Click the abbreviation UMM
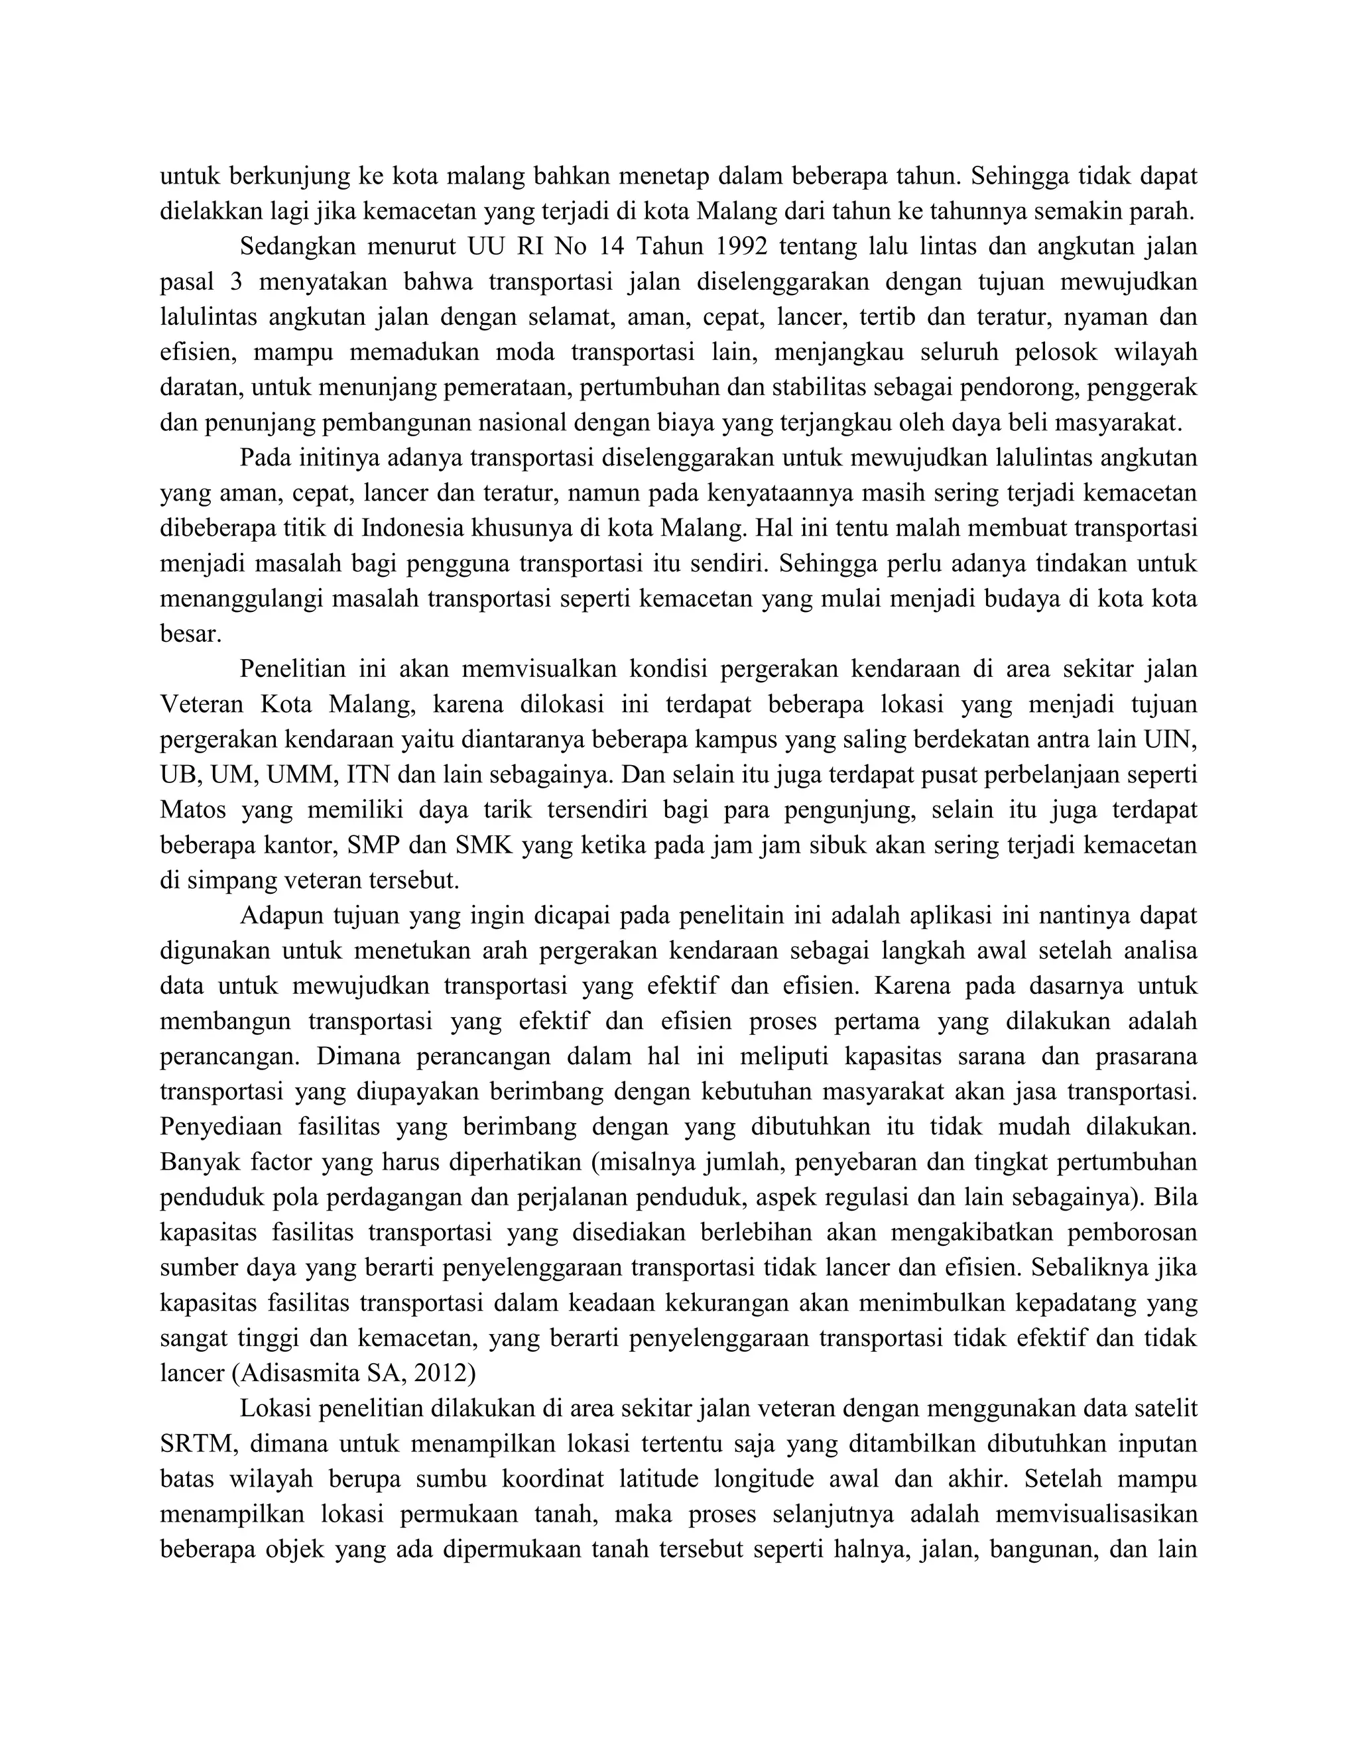(x=302, y=774)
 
